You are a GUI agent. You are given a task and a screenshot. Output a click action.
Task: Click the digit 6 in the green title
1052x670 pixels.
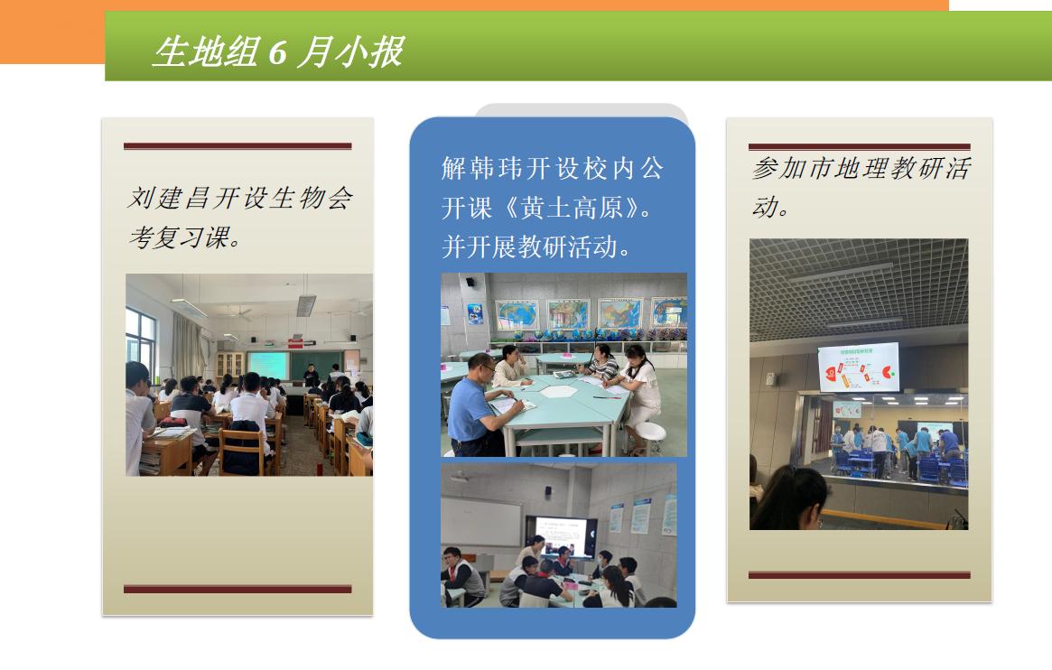278,52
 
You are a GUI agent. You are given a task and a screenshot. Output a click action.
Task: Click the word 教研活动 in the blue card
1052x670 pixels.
567,247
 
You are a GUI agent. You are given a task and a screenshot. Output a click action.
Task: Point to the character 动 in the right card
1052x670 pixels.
766,207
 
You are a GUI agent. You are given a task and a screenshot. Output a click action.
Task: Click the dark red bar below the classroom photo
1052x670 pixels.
237,589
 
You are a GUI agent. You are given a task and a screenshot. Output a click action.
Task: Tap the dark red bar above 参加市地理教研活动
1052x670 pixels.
860,146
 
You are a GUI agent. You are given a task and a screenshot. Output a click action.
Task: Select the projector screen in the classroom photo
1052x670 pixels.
267,366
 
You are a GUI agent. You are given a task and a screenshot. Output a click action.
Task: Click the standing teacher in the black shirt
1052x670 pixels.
311,377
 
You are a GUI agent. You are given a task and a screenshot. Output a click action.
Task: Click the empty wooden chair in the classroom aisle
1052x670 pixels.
241,451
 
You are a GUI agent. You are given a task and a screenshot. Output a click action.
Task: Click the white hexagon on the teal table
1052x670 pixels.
559,391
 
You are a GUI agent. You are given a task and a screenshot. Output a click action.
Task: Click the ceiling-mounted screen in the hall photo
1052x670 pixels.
859,367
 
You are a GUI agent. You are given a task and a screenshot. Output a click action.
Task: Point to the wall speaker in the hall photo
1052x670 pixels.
771,379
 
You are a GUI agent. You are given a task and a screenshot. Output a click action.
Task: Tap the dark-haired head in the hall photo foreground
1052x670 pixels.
792,497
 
